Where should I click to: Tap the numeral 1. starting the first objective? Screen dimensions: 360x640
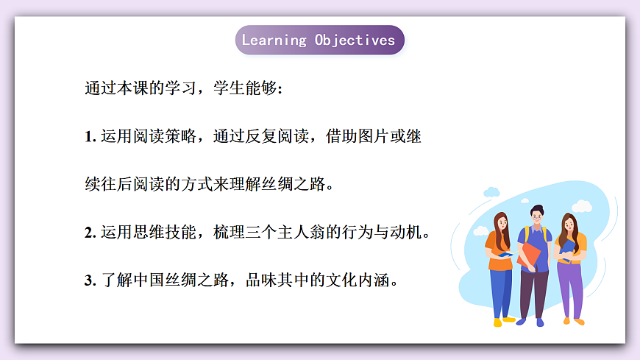tap(91, 136)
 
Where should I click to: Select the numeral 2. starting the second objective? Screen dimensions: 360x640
tap(91, 233)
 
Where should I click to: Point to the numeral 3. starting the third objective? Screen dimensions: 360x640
tap(91, 280)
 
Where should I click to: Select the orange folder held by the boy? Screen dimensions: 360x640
tap(528, 255)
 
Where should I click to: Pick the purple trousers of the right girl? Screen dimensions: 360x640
tap(569, 289)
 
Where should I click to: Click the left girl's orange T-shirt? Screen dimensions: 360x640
tap(497, 243)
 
